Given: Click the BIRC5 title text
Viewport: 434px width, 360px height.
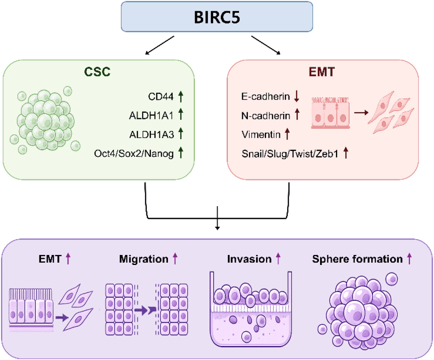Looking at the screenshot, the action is pos(217,17).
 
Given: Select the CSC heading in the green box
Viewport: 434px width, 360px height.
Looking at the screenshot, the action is pos(97,72).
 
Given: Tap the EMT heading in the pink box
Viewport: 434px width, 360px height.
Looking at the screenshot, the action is pos(322,72).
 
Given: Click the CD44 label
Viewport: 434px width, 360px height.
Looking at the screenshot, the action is pos(161,97).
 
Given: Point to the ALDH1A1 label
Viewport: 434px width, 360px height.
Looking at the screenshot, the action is pos(151,115).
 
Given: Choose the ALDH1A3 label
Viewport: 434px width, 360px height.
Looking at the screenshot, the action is pos(151,134).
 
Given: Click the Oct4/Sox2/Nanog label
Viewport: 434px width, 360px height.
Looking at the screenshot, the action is pos(134,153).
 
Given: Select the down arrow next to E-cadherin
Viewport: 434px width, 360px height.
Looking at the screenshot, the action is pos(297,96).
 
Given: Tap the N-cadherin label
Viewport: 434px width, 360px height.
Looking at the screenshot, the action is pos(266,115).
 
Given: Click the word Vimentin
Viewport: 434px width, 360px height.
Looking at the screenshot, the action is pos(261,134).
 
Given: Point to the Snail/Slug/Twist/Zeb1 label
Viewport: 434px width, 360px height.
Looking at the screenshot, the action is pos(290,153).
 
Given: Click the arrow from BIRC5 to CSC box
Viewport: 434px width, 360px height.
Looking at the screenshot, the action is pos(160,45).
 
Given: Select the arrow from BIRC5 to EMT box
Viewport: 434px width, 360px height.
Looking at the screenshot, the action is pos(266,45).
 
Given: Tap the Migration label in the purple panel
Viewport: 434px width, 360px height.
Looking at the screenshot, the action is pos(144,259).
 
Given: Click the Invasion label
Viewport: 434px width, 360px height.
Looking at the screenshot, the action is pos(249,259).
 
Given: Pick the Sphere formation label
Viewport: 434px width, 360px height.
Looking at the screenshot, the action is pos(357,259).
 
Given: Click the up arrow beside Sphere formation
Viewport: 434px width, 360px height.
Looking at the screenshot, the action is pos(409,259).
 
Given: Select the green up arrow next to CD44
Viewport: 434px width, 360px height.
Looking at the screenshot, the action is pos(181,96).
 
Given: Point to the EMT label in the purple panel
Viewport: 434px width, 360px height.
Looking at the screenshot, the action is pos(50,259).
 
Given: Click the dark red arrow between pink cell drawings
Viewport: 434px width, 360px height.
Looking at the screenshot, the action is pos(361,112).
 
